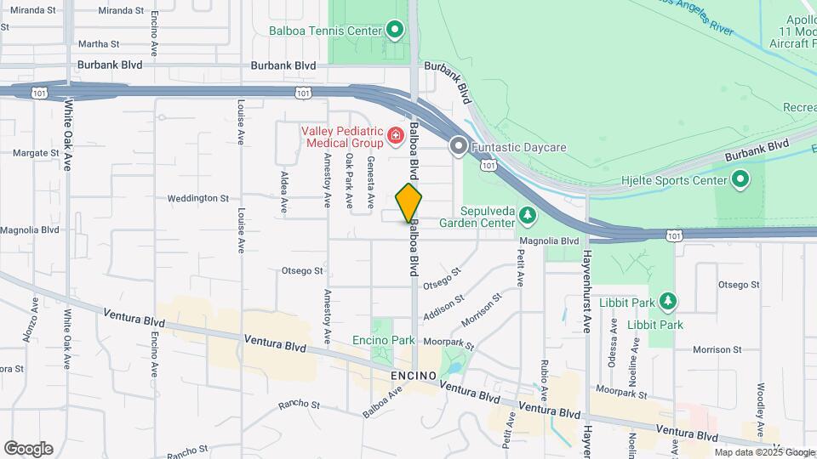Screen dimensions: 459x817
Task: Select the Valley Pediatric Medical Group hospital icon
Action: tap(394, 135)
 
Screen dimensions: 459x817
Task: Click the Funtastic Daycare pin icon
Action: tap(460, 147)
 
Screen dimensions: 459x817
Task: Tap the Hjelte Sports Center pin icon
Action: tap(740, 178)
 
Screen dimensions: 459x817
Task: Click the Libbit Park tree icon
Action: tap(668, 302)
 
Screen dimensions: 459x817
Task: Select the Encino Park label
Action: tap(383, 341)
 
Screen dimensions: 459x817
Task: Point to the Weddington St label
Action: tap(198, 198)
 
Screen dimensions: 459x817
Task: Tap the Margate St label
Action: tap(35, 153)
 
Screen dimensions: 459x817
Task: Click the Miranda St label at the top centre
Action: tap(122, 10)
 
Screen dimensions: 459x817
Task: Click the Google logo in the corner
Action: tap(28, 448)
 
